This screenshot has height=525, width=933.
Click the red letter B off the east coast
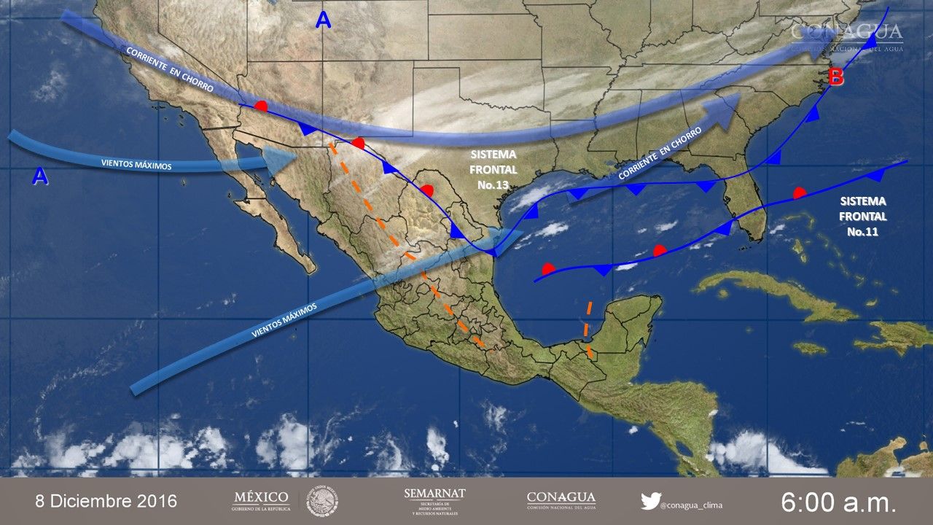[x=835, y=76]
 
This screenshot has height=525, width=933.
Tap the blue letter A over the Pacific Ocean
[x=40, y=176]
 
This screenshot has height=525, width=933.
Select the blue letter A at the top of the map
[x=323, y=20]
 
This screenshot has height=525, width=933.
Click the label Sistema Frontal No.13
[x=493, y=170]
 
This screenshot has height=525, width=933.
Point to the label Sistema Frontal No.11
[x=863, y=216]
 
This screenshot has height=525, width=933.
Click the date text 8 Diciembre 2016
[x=106, y=502]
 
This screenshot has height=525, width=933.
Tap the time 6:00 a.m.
[x=838, y=502]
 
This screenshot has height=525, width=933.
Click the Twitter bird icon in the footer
[x=651, y=501]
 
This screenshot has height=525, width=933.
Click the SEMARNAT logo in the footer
[x=434, y=502]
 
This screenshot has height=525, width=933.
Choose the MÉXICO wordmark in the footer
[x=260, y=500]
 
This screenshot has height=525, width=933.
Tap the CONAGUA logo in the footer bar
[x=561, y=501]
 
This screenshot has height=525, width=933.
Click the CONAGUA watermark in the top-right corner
[x=847, y=34]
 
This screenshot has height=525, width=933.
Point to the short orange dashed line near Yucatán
[x=588, y=329]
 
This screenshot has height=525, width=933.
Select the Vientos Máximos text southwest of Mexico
[x=285, y=320]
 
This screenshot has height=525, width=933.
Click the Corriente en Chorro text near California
[x=169, y=69]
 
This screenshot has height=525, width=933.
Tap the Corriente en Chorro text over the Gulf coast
[x=660, y=154]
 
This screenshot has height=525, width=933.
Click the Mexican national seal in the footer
[x=321, y=502]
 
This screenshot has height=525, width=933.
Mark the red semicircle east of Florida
[x=799, y=193]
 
